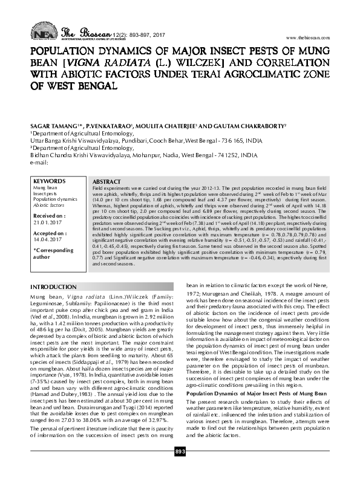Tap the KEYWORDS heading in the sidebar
[49, 181]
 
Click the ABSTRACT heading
[108, 182]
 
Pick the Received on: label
[49, 215]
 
